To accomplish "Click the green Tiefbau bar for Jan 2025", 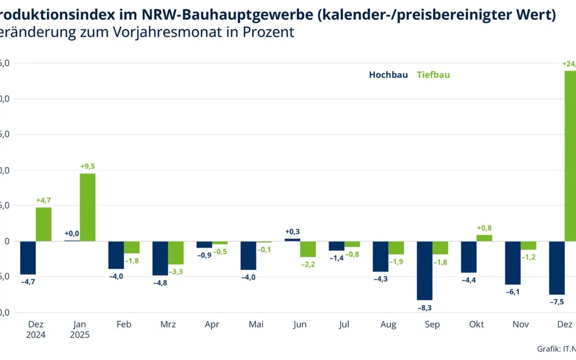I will click(87, 207).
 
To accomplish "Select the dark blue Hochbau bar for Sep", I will click(425, 270).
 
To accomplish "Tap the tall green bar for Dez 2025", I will click(570, 156).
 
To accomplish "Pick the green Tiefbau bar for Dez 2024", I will click(44, 224).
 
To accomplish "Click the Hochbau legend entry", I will click(388, 75).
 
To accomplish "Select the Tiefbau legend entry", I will click(433, 75).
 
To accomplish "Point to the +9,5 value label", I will click(87, 166).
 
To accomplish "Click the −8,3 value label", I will click(425, 308).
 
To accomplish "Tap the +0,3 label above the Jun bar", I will click(292, 231).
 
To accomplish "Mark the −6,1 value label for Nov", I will click(513, 292).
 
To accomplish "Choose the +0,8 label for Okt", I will click(484, 228).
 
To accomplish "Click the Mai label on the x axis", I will click(256, 324).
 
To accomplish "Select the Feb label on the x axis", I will click(123, 324).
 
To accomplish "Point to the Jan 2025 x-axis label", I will click(79, 330).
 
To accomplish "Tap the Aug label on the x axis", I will click(388, 324).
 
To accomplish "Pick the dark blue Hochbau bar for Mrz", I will click(160, 258).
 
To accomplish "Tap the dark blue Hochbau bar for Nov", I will click(513, 263).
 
